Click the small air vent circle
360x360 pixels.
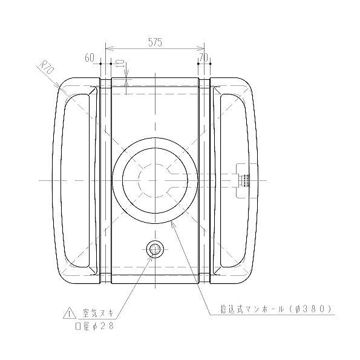pyautogui.click(x=154, y=248)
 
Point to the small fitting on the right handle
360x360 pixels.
pyautogui.click(x=244, y=180)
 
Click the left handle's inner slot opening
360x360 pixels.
pyautogui.click(x=79, y=180)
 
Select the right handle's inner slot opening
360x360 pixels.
pyautogui.click(x=232, y=180)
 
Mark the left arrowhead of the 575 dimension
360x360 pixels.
pyautogui.click(x=108, y=48)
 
